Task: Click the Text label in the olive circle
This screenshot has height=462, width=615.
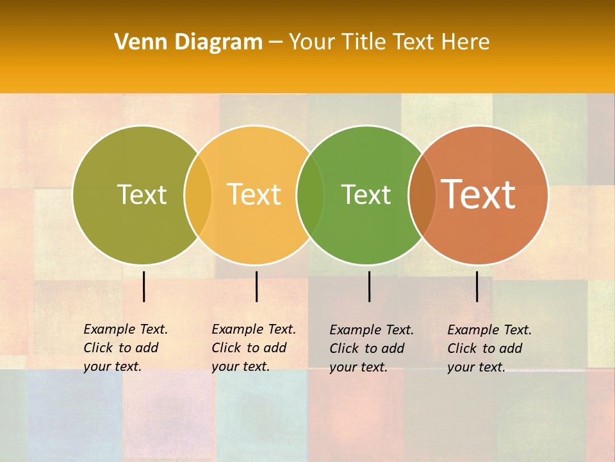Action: [142, 194]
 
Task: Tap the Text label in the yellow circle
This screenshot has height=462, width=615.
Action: [254, 194]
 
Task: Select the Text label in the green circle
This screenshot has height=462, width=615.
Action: [366, 194]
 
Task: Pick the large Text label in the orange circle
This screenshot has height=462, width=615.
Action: [479, 194]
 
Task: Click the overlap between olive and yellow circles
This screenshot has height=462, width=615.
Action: [198, 195]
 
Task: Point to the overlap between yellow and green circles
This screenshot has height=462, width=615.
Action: [311, 195]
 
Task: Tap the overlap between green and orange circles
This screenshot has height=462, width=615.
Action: [422, 195]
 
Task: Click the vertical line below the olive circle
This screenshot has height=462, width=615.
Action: [144, 286]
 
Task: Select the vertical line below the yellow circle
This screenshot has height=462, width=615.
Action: [256, 286]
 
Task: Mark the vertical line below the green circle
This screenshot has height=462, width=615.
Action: [369, 286]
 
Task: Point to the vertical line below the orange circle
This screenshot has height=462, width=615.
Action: [477, 286]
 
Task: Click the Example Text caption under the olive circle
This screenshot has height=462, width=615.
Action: [126, 348]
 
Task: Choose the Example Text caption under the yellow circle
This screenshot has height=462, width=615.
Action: [254, 348]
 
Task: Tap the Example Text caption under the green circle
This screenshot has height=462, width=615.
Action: [372, 348]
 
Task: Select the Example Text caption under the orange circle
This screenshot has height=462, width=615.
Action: [489, 348]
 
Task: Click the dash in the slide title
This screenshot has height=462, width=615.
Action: [275, 42]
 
